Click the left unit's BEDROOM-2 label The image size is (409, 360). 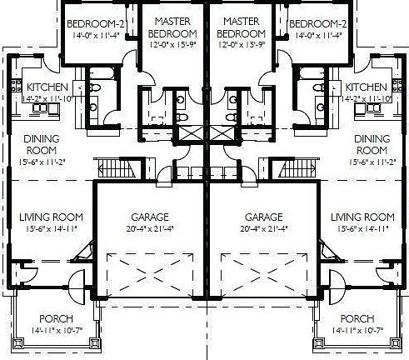(x=96, y=22)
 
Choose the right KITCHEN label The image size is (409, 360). (x=367, y=87)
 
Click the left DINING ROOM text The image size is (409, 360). (x=40, y=144)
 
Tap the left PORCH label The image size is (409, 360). (x=57, y=319)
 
